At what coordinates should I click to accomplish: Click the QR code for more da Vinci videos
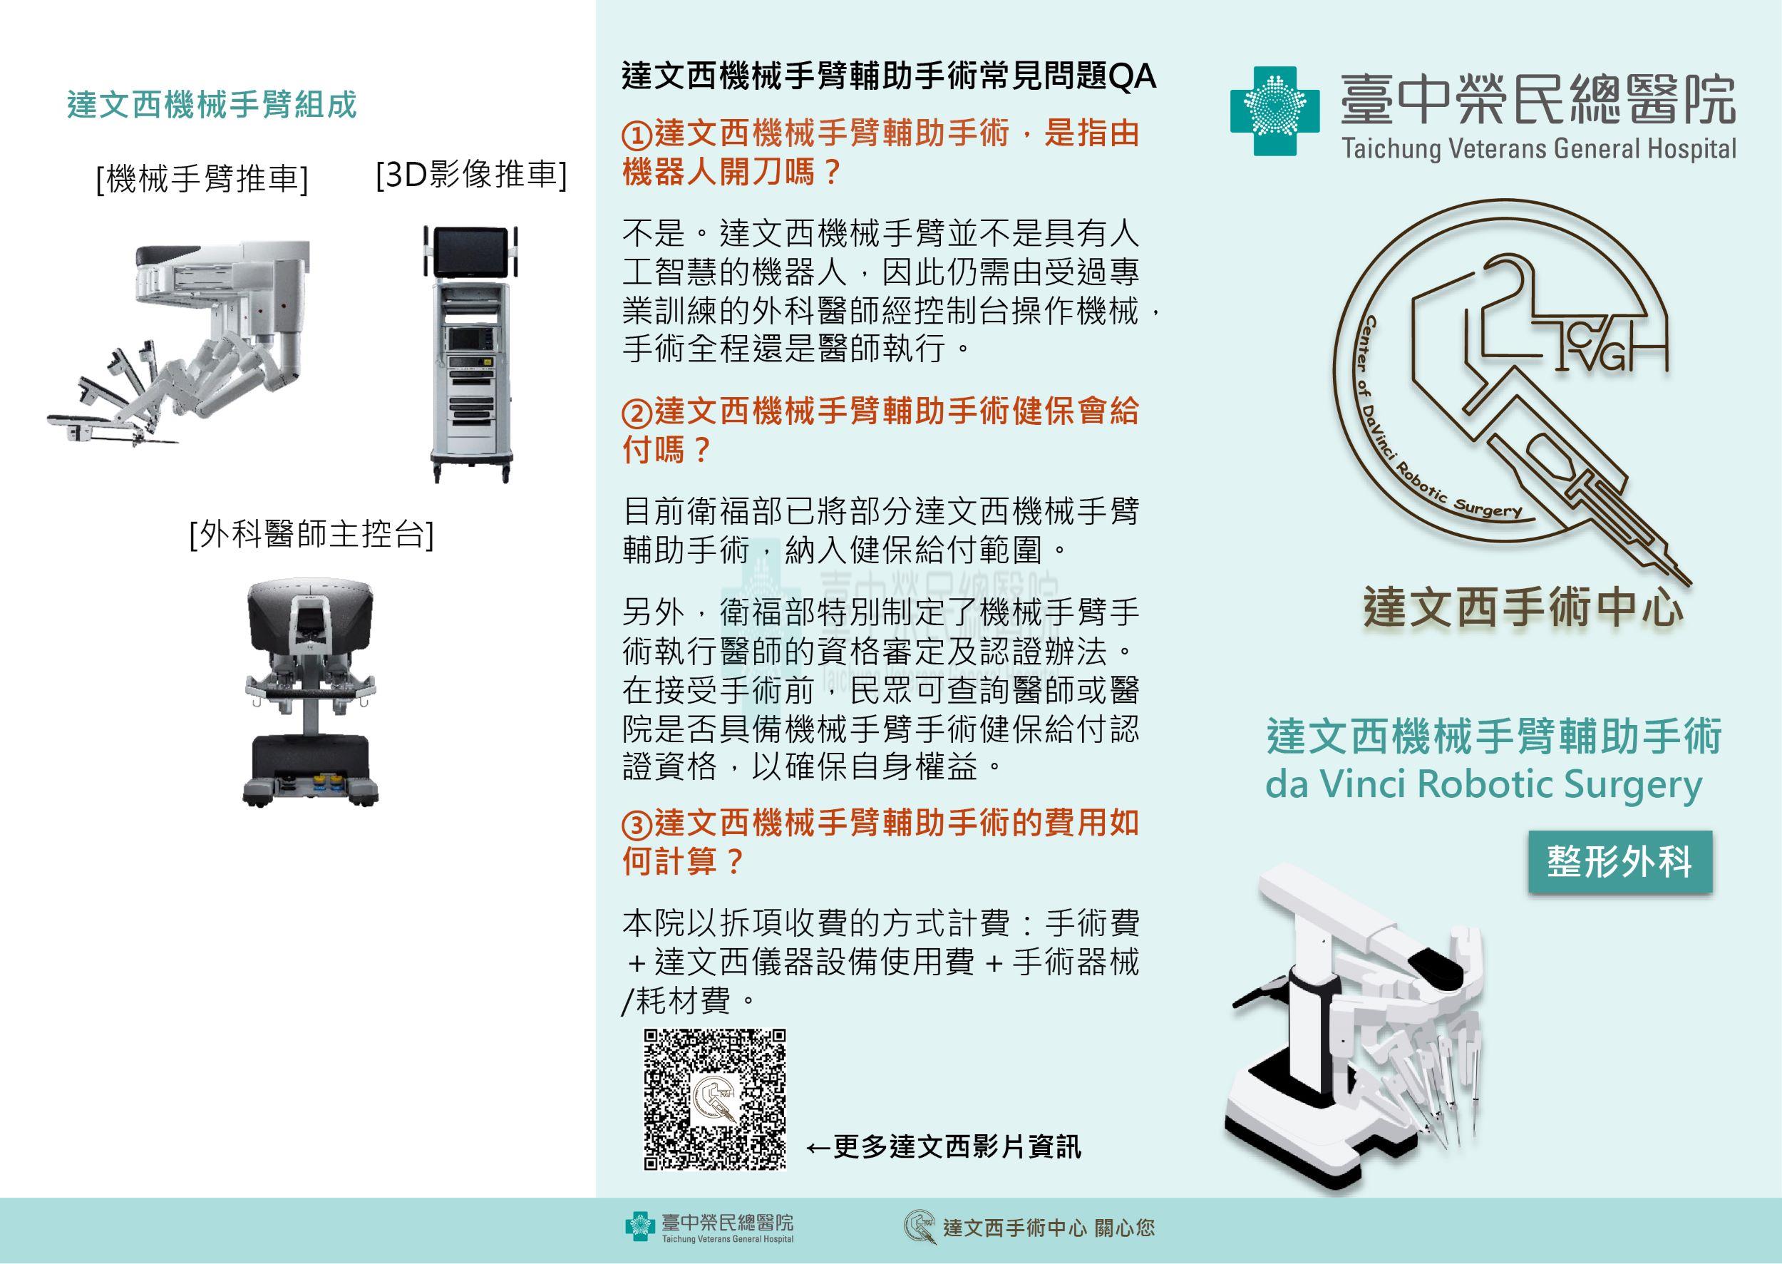tap(714, 1099)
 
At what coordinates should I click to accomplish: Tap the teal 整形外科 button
tap(1620, 863)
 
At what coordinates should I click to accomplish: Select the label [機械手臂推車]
tap(202, 180)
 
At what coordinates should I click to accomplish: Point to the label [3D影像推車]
tap(470, 175)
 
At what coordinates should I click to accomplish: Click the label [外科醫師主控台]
tap(311, 535)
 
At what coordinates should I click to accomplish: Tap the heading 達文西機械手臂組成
tap(212, 105)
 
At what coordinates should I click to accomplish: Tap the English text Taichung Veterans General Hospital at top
tap(1538, 149)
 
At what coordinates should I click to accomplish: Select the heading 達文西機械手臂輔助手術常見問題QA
tap(890, 77)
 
